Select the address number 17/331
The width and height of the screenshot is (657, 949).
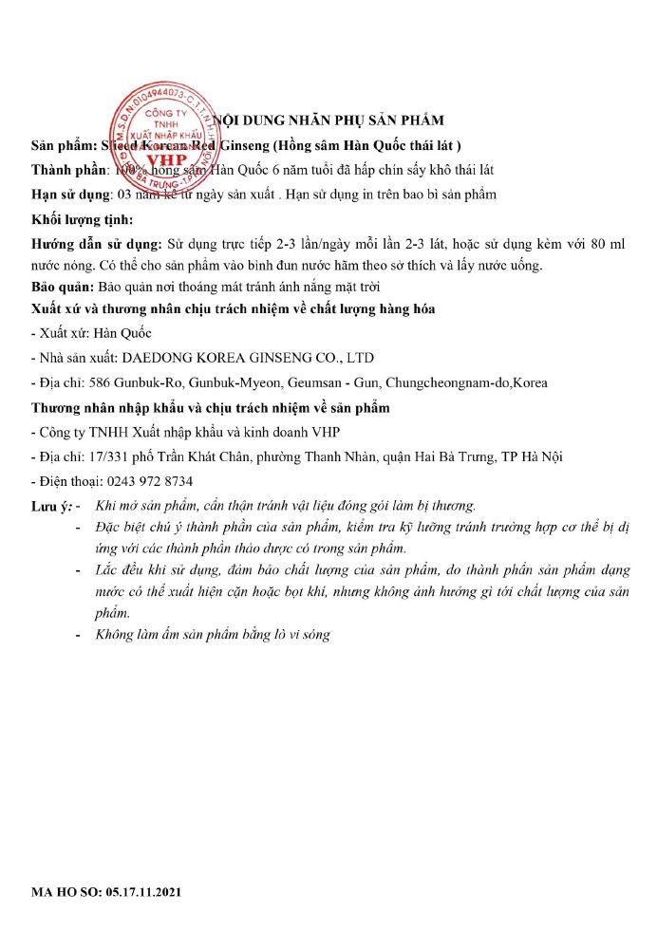pos(103,456)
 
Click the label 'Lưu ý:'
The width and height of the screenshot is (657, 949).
pos(50,507)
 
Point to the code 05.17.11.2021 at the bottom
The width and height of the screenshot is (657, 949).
pos(140,893)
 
